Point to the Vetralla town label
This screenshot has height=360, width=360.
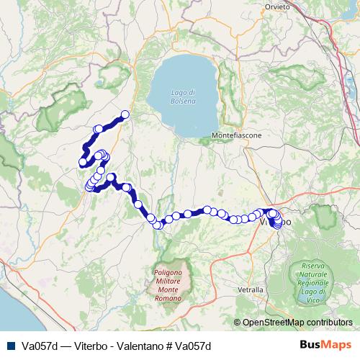[250, 289]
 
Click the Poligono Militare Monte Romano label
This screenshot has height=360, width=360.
[171, 280]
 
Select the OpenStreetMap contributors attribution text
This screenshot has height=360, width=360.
[297, 323]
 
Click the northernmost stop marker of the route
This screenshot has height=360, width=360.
[125, 114]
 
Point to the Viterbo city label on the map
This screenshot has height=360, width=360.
[274, 223]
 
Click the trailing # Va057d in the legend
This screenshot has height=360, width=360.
[194, 345]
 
